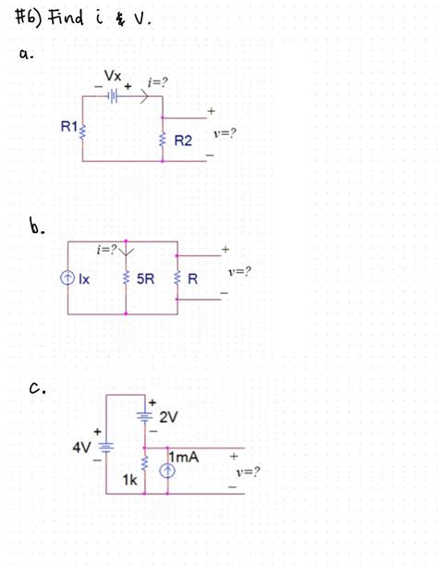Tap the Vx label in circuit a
tap(113, 75)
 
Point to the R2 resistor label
tap(182, 141)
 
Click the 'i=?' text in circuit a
tap(158, 82)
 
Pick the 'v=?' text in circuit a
tap(224, 132)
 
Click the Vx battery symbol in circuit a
tap(112, 93)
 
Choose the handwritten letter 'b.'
tap(38, 226)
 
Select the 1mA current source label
tap(185, 457)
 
